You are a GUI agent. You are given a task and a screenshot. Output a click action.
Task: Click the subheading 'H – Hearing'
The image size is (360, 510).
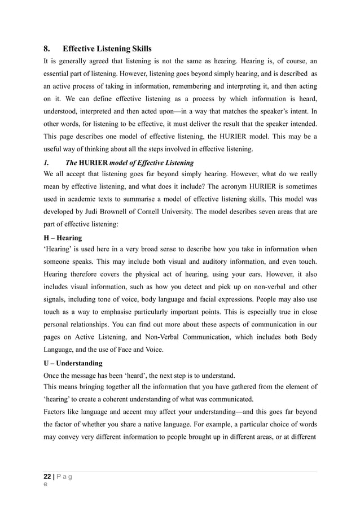click(63, 238)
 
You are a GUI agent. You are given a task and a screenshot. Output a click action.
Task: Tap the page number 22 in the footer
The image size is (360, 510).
click(49, 476)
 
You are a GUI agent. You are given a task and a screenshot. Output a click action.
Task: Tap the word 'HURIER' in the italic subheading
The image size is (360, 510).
click(98, 163)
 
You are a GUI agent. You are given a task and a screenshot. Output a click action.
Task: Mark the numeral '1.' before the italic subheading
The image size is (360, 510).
click(47, 163)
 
